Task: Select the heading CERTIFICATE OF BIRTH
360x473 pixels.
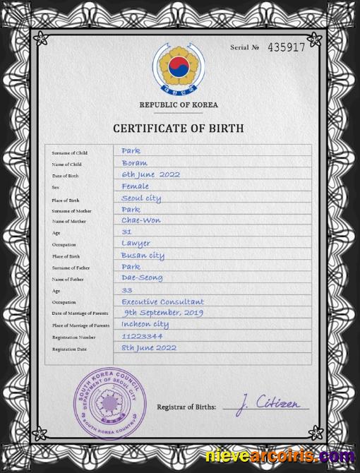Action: tap(179, 128)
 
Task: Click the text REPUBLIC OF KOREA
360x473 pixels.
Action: tap(179, 104)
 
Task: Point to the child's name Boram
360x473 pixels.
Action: tap(134, 162)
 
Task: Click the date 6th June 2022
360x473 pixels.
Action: tap(151, 174)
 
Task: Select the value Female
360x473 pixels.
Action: tap(135, 186)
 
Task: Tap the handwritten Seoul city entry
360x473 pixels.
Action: tap(141, 198)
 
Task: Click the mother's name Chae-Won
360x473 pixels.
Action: tap(141, 220)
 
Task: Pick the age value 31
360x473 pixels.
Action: tap(127, 232)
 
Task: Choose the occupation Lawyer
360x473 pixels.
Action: tap(136, 244)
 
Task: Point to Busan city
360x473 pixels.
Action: tap(143, 255)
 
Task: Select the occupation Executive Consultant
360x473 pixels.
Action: tap(163, 301)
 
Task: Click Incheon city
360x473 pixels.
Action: tap(146, 324)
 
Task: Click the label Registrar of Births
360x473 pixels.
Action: tap(186, 407)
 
